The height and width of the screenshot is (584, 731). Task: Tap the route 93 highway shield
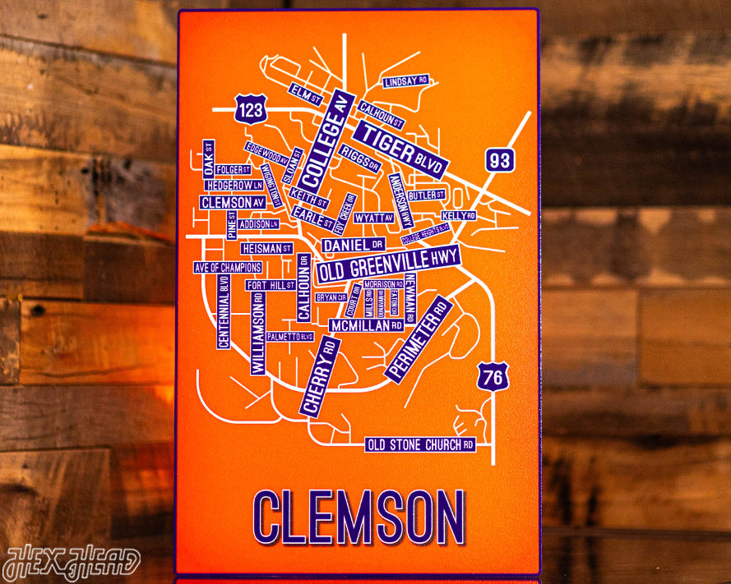pos(499,160)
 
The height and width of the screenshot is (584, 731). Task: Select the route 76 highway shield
pos(492,377)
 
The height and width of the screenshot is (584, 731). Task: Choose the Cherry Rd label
pos(320,377)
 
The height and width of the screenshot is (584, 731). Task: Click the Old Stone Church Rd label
pos(420,445)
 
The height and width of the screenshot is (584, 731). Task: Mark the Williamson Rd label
pos(258,333)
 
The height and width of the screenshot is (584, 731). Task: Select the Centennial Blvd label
pos(224,311)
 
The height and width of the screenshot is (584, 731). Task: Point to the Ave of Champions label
pos(228,268)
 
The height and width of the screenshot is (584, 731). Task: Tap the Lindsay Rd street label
pos(406,81)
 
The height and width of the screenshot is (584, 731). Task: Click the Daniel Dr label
pos(354,246)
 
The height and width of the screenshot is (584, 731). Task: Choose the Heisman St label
pos(266,248)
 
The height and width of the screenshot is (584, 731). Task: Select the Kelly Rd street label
pos(458,215)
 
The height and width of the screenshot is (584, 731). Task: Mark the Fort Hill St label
pos(271,285)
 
